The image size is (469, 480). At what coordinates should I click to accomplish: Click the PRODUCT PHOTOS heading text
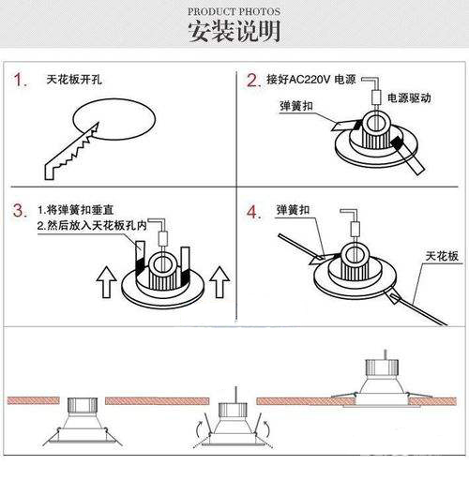tap(234, 12)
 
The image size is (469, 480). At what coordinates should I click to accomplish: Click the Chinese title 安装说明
tap(234, 31)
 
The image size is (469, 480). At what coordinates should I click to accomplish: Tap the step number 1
tap(20, 80)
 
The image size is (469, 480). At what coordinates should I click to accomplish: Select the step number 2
tap(254, 81)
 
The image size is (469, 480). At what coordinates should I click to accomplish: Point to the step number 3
tap(21, 210)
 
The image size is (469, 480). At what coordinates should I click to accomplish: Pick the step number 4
tap(253, 212)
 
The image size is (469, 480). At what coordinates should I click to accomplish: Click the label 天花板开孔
tap(74, 80)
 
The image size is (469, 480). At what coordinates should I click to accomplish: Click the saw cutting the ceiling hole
tap(71, 151)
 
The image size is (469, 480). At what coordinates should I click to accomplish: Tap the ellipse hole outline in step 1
tap(114, 99)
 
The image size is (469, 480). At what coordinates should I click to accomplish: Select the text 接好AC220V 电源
tap(311, 80)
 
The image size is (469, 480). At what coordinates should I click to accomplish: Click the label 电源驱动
tap(409, 98)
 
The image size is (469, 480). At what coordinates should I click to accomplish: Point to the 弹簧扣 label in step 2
tap(295, 106)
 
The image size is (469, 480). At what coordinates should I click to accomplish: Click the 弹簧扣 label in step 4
tap(293, 210)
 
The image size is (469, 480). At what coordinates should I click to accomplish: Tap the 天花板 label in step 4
tap(442, 256)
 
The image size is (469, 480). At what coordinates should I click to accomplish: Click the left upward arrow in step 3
tap(107, 282)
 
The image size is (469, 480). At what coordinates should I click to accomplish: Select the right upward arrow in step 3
tap(219, 282)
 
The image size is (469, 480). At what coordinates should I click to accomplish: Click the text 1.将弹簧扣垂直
tap(75, 210)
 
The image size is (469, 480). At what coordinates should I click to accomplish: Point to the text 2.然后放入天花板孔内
tap(92, 225)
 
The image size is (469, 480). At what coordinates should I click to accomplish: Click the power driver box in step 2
tap(376, 97)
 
